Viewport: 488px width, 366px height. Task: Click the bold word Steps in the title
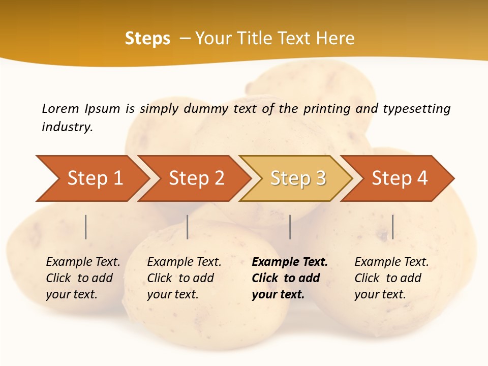tap(147, 39)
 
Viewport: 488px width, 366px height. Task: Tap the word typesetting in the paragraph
tap(416, 108)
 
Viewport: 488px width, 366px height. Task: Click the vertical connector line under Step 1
tap(86, 227)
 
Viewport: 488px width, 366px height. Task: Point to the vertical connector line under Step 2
tap(188, 227)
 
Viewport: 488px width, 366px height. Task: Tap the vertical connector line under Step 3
tap(290, 227)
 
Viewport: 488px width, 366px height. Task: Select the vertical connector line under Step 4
tap(392, 227)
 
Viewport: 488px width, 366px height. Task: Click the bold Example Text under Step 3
tap(290, 262)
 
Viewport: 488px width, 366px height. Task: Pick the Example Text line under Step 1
tap(83, 262)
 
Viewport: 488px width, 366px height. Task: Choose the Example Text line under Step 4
tap(391, 262)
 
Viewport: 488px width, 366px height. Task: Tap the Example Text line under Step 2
tap(185, 262)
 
